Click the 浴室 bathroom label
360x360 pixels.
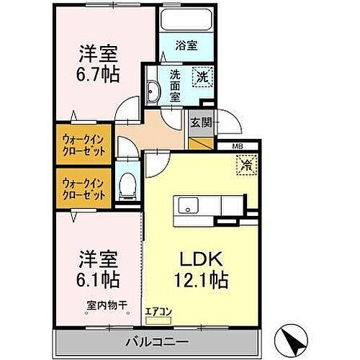pyautogui.click(x=186, y=45)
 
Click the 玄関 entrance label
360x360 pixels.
pyautogui.click(x=201, y=122)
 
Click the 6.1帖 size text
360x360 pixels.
pyautogui.click(x=99, y=277)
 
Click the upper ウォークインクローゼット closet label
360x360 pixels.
pyautogui.click(x=83, y=145)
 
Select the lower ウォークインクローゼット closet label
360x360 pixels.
pyautogui.click(x=83, y=189)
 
